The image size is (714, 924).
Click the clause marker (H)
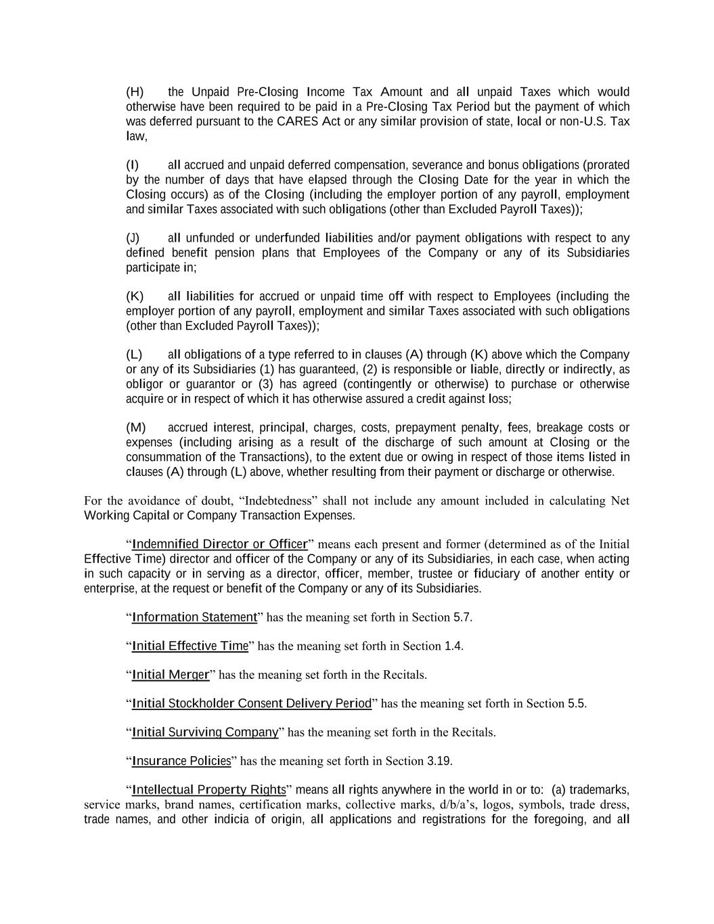coord(135,92)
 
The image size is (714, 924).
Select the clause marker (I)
coord(133,165)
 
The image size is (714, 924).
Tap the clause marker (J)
coord(133,238)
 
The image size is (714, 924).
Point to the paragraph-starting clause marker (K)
coord(135,296)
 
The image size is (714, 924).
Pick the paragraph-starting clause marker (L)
coord(134,355)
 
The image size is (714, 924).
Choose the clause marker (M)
coord(136,428)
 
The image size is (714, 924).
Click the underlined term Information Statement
coord(194,617)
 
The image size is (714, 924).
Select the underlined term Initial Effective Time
coord(190,646)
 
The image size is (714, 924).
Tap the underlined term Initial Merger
coord(171,675)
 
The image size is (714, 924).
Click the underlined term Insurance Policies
coord(181,761)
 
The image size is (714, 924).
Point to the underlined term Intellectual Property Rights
coord(208,790)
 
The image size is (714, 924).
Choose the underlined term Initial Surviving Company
coord(205,732)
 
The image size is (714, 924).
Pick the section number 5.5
coord(577,703)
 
